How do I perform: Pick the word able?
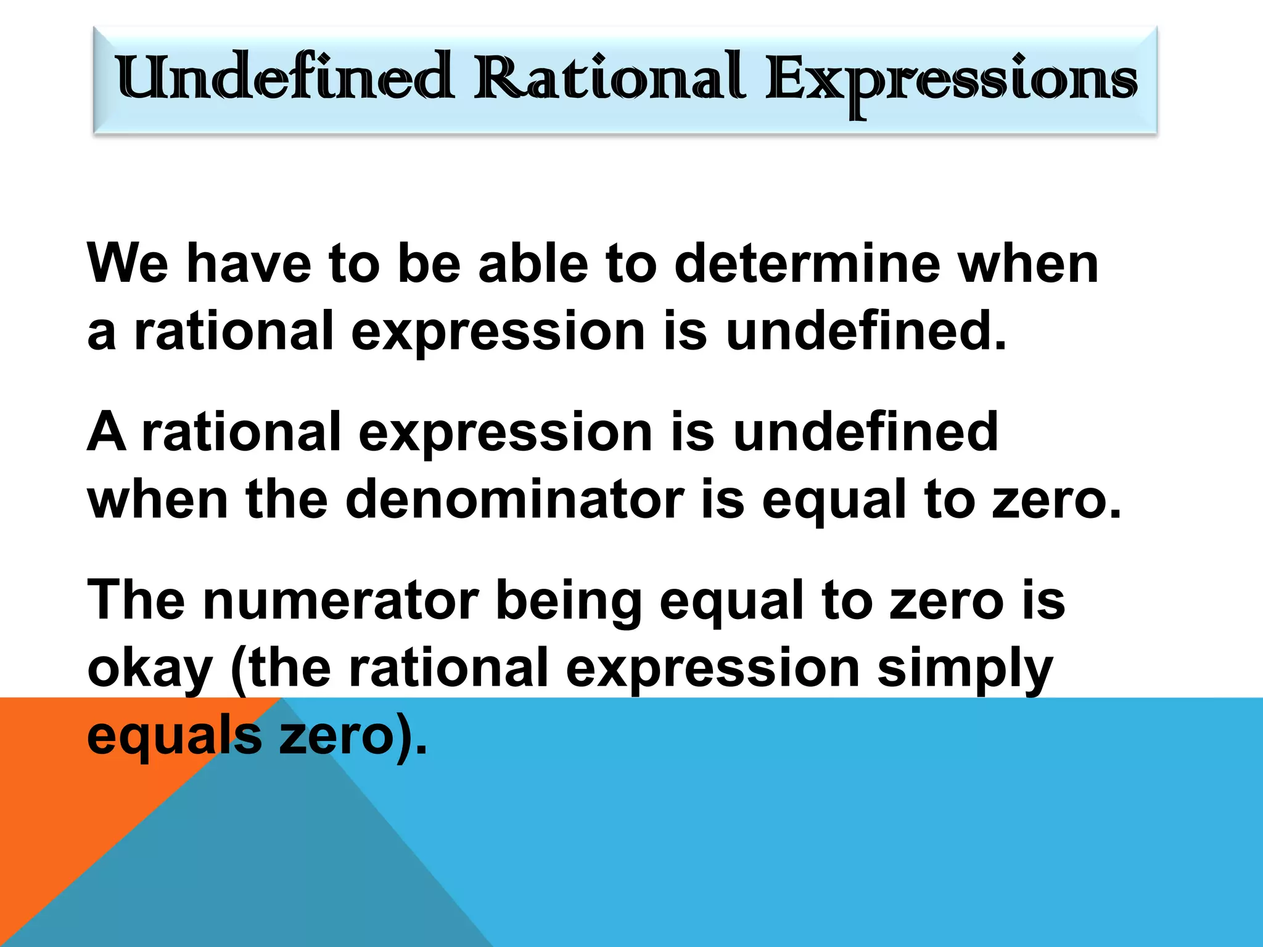pyautogui.click(x=533, y=263)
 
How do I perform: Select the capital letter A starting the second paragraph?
pyautogui.click(x=106, y=432)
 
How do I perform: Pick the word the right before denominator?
pyautogui.click(x=286, y=499)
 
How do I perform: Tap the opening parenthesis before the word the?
pyautogui.click(x=238, y=669)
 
